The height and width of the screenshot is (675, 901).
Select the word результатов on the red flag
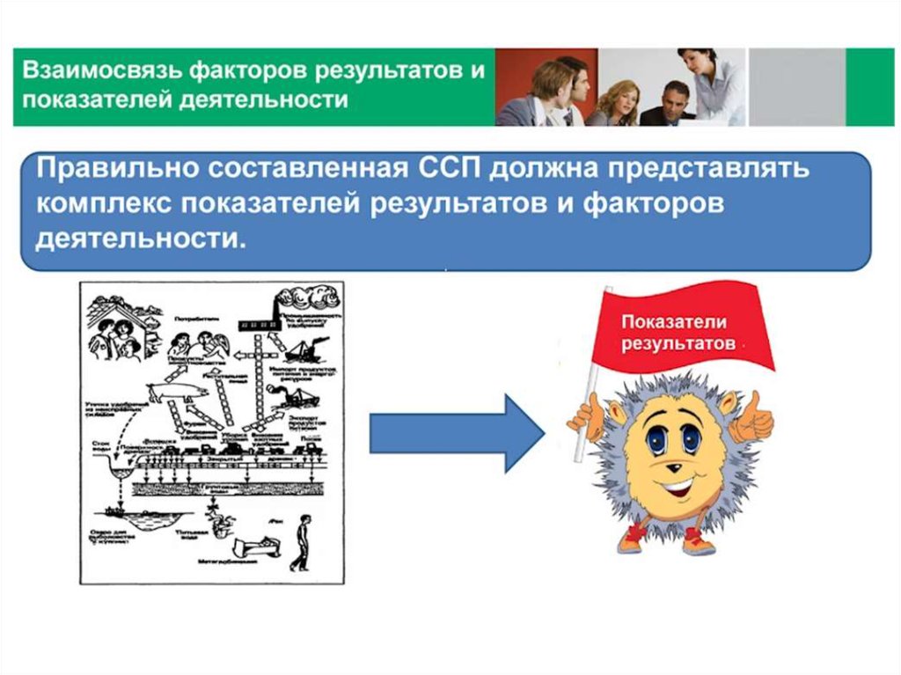[x=678, y=344]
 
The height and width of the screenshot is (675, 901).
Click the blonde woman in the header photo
[x=617, y=101]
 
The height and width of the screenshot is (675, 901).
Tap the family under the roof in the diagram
[x=120, y=331]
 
